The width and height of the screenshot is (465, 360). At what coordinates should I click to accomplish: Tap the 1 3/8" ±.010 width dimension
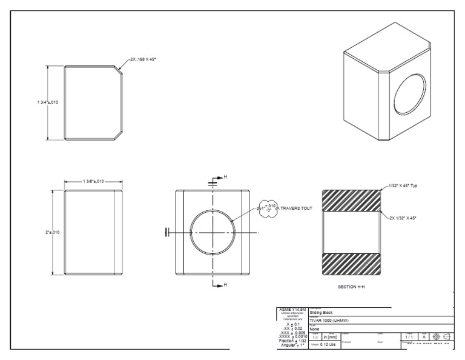point(93,181)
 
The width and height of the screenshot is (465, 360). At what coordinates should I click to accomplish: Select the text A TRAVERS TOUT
point(293,208)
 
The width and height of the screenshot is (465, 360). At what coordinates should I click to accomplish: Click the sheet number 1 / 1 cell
point(409,336)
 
